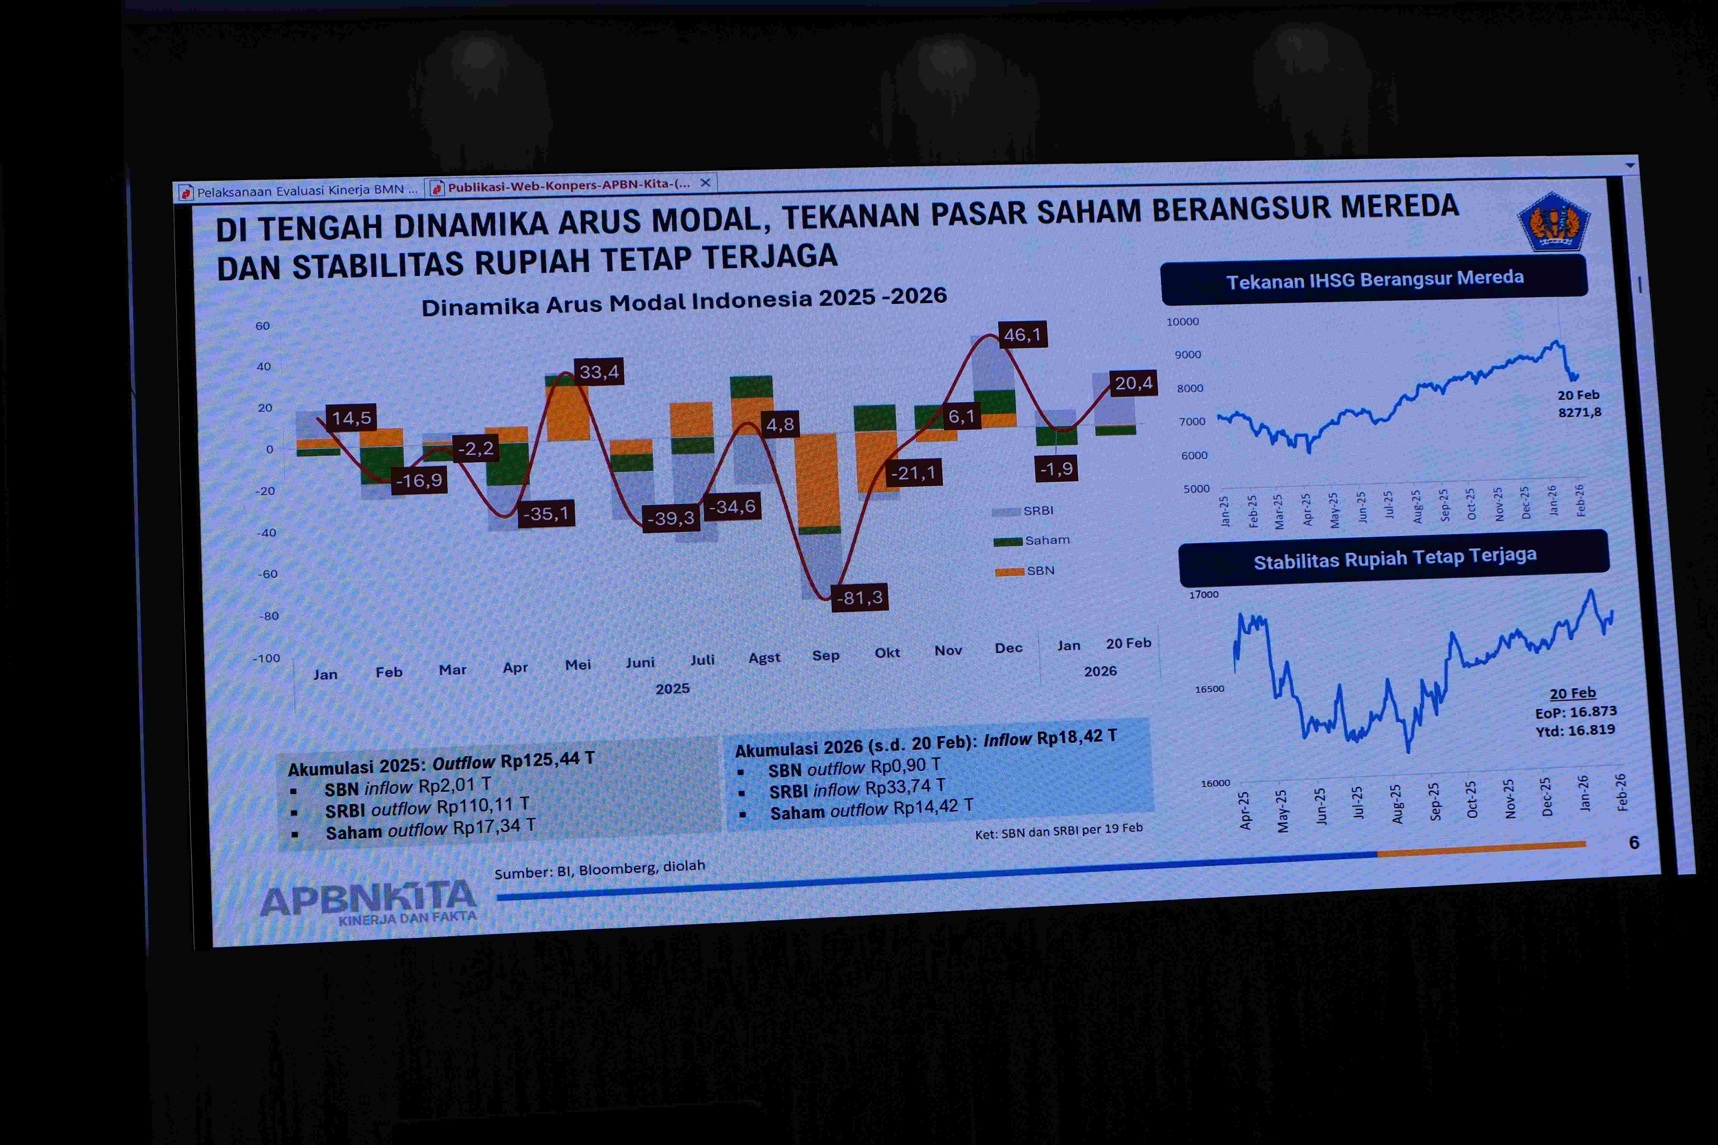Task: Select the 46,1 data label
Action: [x=1022, y=334]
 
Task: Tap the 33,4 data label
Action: [x=599, y=372]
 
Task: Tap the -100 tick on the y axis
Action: [x=267, y=658]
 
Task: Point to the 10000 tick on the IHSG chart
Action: [x=1183, y=321]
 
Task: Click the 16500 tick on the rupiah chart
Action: [x=1209, y=689]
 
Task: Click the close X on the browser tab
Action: [x=706, y=182]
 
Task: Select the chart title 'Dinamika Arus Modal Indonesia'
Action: [x=684, y=301]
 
